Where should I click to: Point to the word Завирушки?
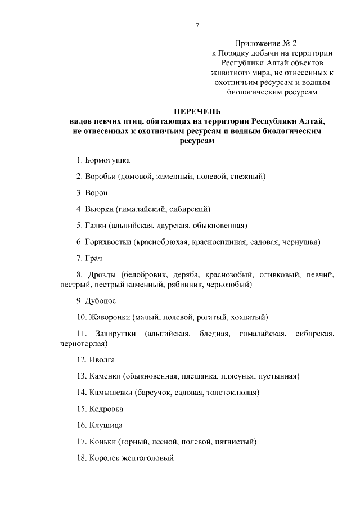tap(116, 334)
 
